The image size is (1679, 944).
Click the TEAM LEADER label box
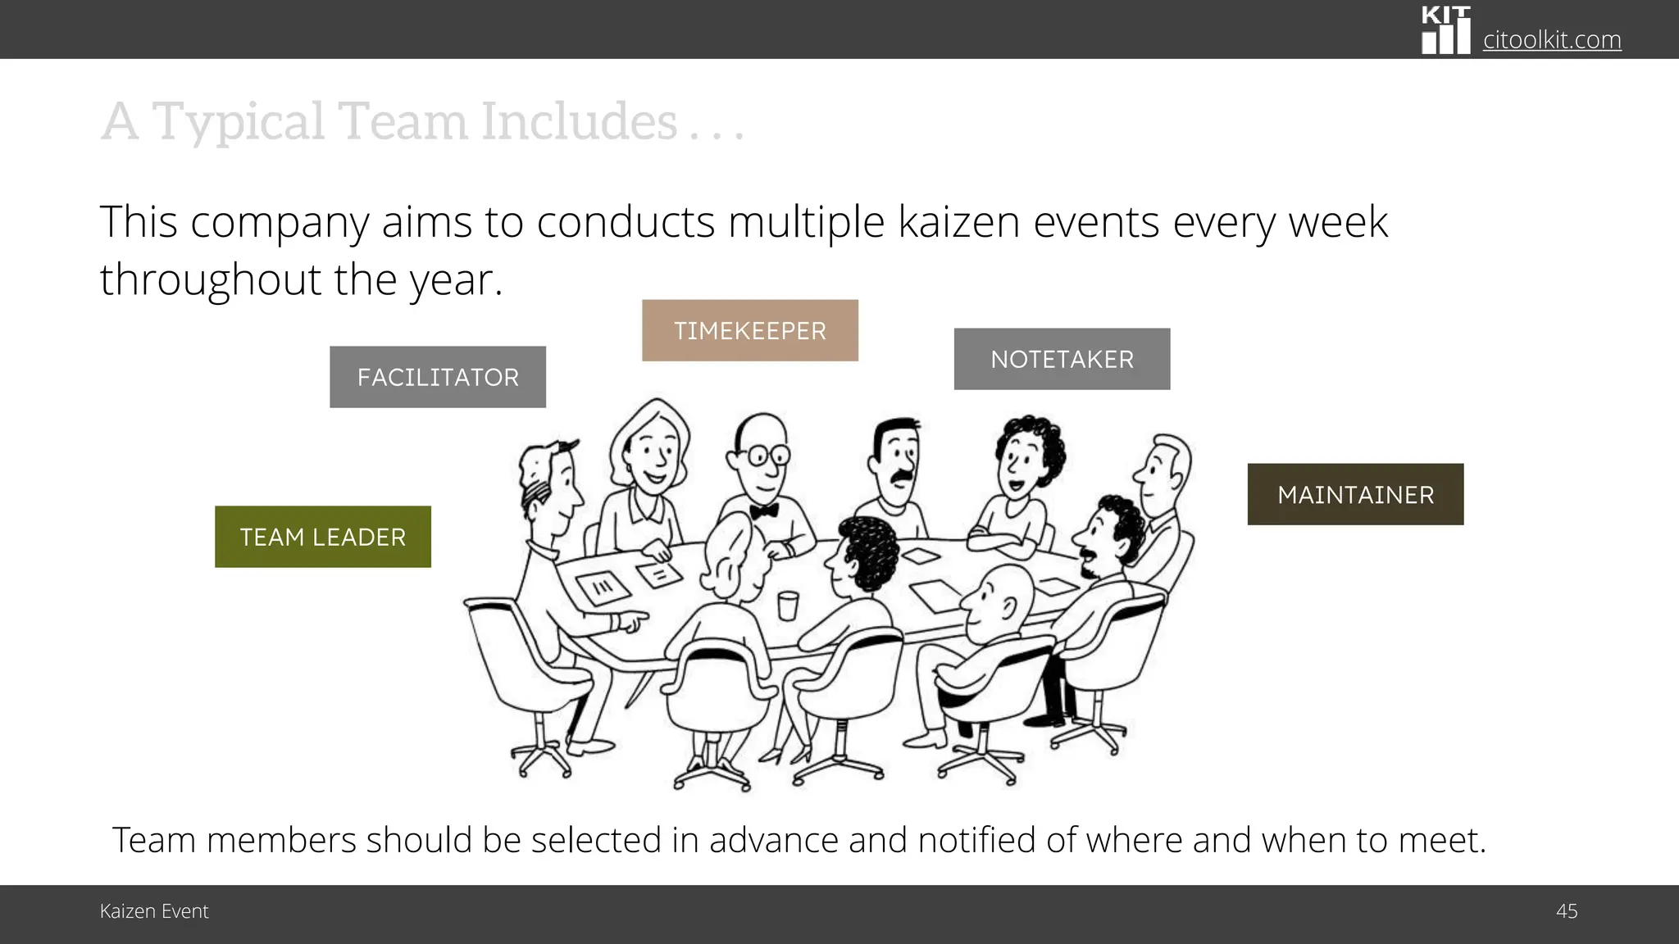322,537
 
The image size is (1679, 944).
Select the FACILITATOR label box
438,377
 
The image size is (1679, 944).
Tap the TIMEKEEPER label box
749,330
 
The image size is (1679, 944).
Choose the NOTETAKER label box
1062,359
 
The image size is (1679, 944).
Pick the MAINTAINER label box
1355,494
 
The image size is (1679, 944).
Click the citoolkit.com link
1551,39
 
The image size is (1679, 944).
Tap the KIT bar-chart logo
1445,31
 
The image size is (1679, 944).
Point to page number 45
1566,911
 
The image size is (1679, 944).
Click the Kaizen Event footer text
154,911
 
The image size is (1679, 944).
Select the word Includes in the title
579,121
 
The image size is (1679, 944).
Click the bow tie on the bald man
763,511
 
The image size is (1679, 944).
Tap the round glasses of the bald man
767,455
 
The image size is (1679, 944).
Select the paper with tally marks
603,586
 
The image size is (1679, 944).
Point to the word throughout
210,279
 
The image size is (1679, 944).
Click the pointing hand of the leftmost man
630,621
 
